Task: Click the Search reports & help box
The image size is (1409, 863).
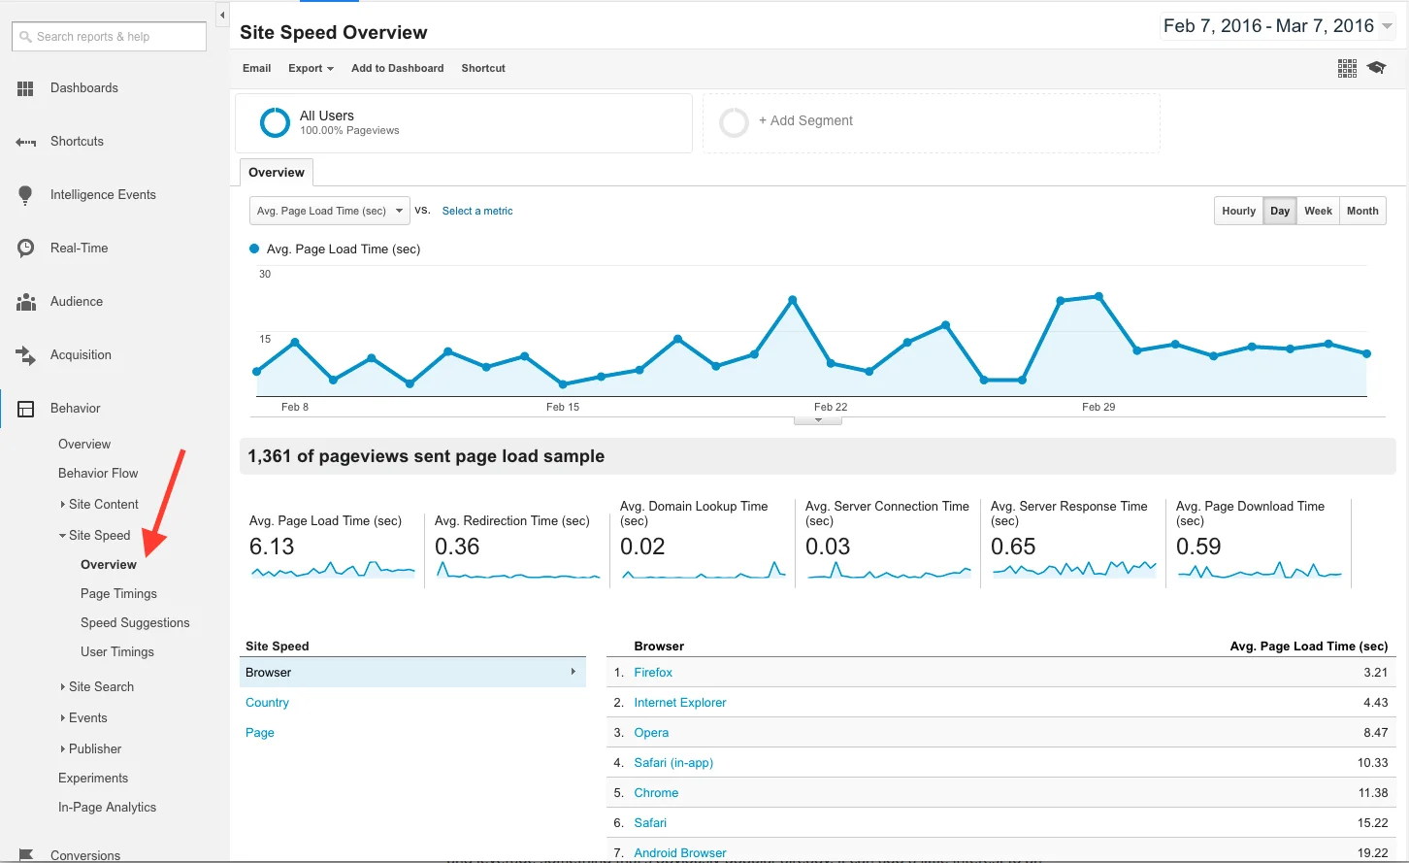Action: point(109,37)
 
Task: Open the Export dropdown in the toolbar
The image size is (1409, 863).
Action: point(311,68)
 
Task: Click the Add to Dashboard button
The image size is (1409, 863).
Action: point(397,68)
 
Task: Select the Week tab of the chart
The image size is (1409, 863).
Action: point(1318,211)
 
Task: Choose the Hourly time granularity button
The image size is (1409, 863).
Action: point(1238,211)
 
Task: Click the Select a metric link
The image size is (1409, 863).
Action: point(477,211)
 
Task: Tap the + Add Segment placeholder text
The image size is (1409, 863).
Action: point(805,120)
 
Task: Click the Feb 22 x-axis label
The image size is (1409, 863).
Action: point(831,407)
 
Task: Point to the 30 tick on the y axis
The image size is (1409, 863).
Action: point(265,274)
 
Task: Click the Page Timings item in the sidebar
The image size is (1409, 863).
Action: point(118,593)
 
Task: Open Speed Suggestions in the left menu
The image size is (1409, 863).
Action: point(135,622)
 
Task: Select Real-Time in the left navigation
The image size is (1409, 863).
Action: point(79,248)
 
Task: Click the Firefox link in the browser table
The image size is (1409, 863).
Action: point(653,672)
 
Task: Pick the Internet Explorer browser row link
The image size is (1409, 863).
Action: point(679,702)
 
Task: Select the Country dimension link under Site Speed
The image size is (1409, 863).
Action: point(267,702)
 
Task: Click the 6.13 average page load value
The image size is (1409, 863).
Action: point(272,547)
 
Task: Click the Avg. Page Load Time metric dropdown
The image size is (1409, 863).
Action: point(329,211)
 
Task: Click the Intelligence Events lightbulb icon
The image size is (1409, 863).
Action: point(25,195)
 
